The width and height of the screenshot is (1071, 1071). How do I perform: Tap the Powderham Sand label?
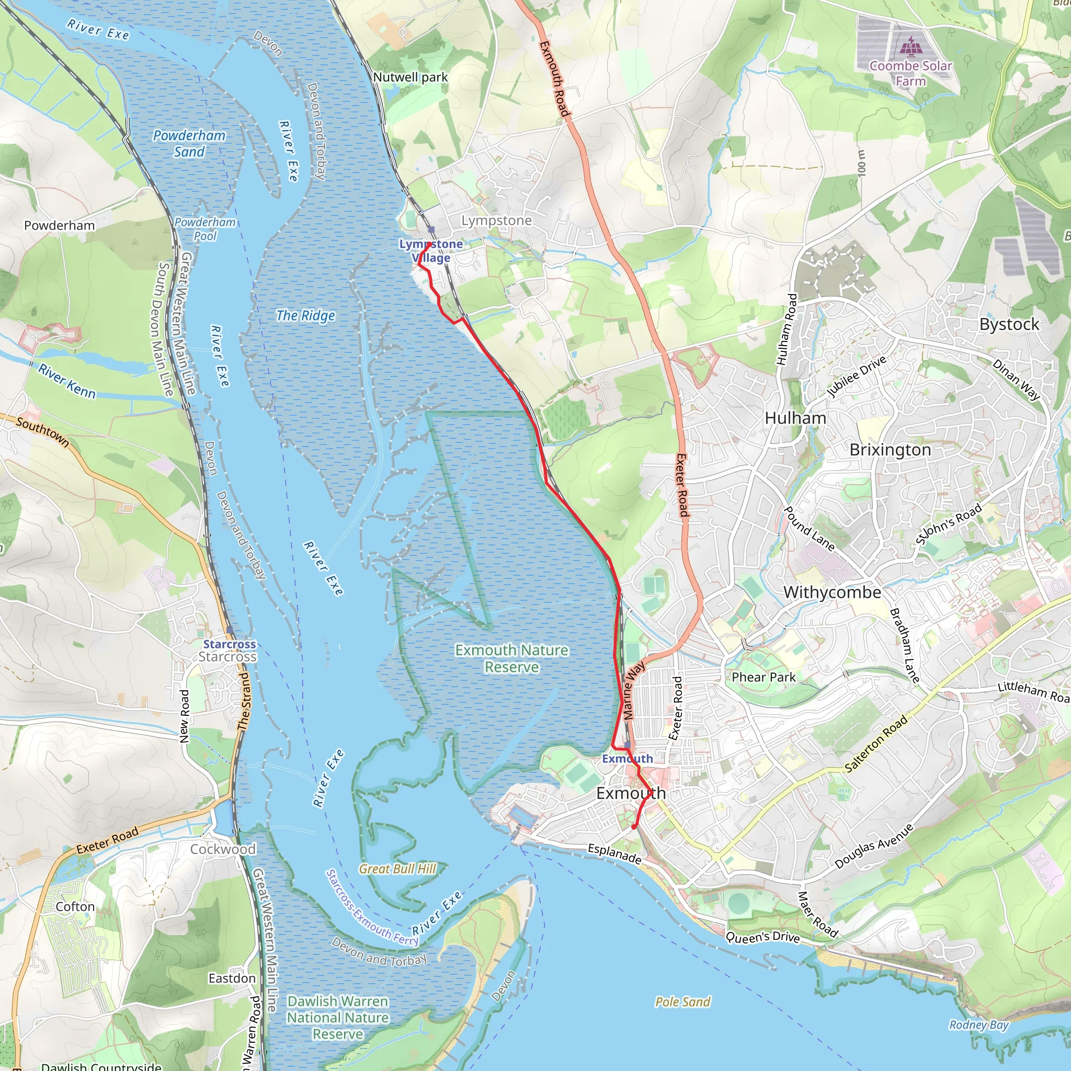tap(189, 144)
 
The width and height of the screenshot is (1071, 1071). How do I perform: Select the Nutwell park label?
tap(410, 77)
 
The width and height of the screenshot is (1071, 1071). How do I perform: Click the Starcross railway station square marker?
tap(230, 630)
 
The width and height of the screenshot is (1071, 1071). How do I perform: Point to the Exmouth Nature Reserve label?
tap(511, 658)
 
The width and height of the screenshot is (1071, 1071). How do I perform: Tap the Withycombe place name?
tap(831, 592)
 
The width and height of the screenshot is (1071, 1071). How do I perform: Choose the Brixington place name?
tap(890, 450)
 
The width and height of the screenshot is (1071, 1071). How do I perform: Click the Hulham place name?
tap(795, 418)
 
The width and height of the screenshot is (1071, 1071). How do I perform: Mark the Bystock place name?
tap(1009, 324)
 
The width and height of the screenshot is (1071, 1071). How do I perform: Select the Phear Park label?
tap(763, 677)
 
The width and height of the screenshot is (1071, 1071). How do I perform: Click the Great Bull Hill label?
tap(397, 869)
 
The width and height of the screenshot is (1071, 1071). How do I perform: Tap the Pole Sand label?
tap(682, 1001)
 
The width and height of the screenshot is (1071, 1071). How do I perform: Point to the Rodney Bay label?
tap(978, 1024)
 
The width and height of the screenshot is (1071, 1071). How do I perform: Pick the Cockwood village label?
tap(223, 849)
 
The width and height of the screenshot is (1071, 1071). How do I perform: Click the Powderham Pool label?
tap(205, 229)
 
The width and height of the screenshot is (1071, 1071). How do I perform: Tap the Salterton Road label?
tap(876, 743)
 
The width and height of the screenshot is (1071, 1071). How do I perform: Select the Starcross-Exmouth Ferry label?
tap(372, 907)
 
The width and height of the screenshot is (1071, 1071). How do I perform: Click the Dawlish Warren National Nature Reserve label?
tap(338, 1017)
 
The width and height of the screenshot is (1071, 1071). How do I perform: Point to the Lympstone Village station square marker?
tap(431, 230)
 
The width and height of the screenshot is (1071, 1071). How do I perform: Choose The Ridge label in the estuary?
tap(305, 315)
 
